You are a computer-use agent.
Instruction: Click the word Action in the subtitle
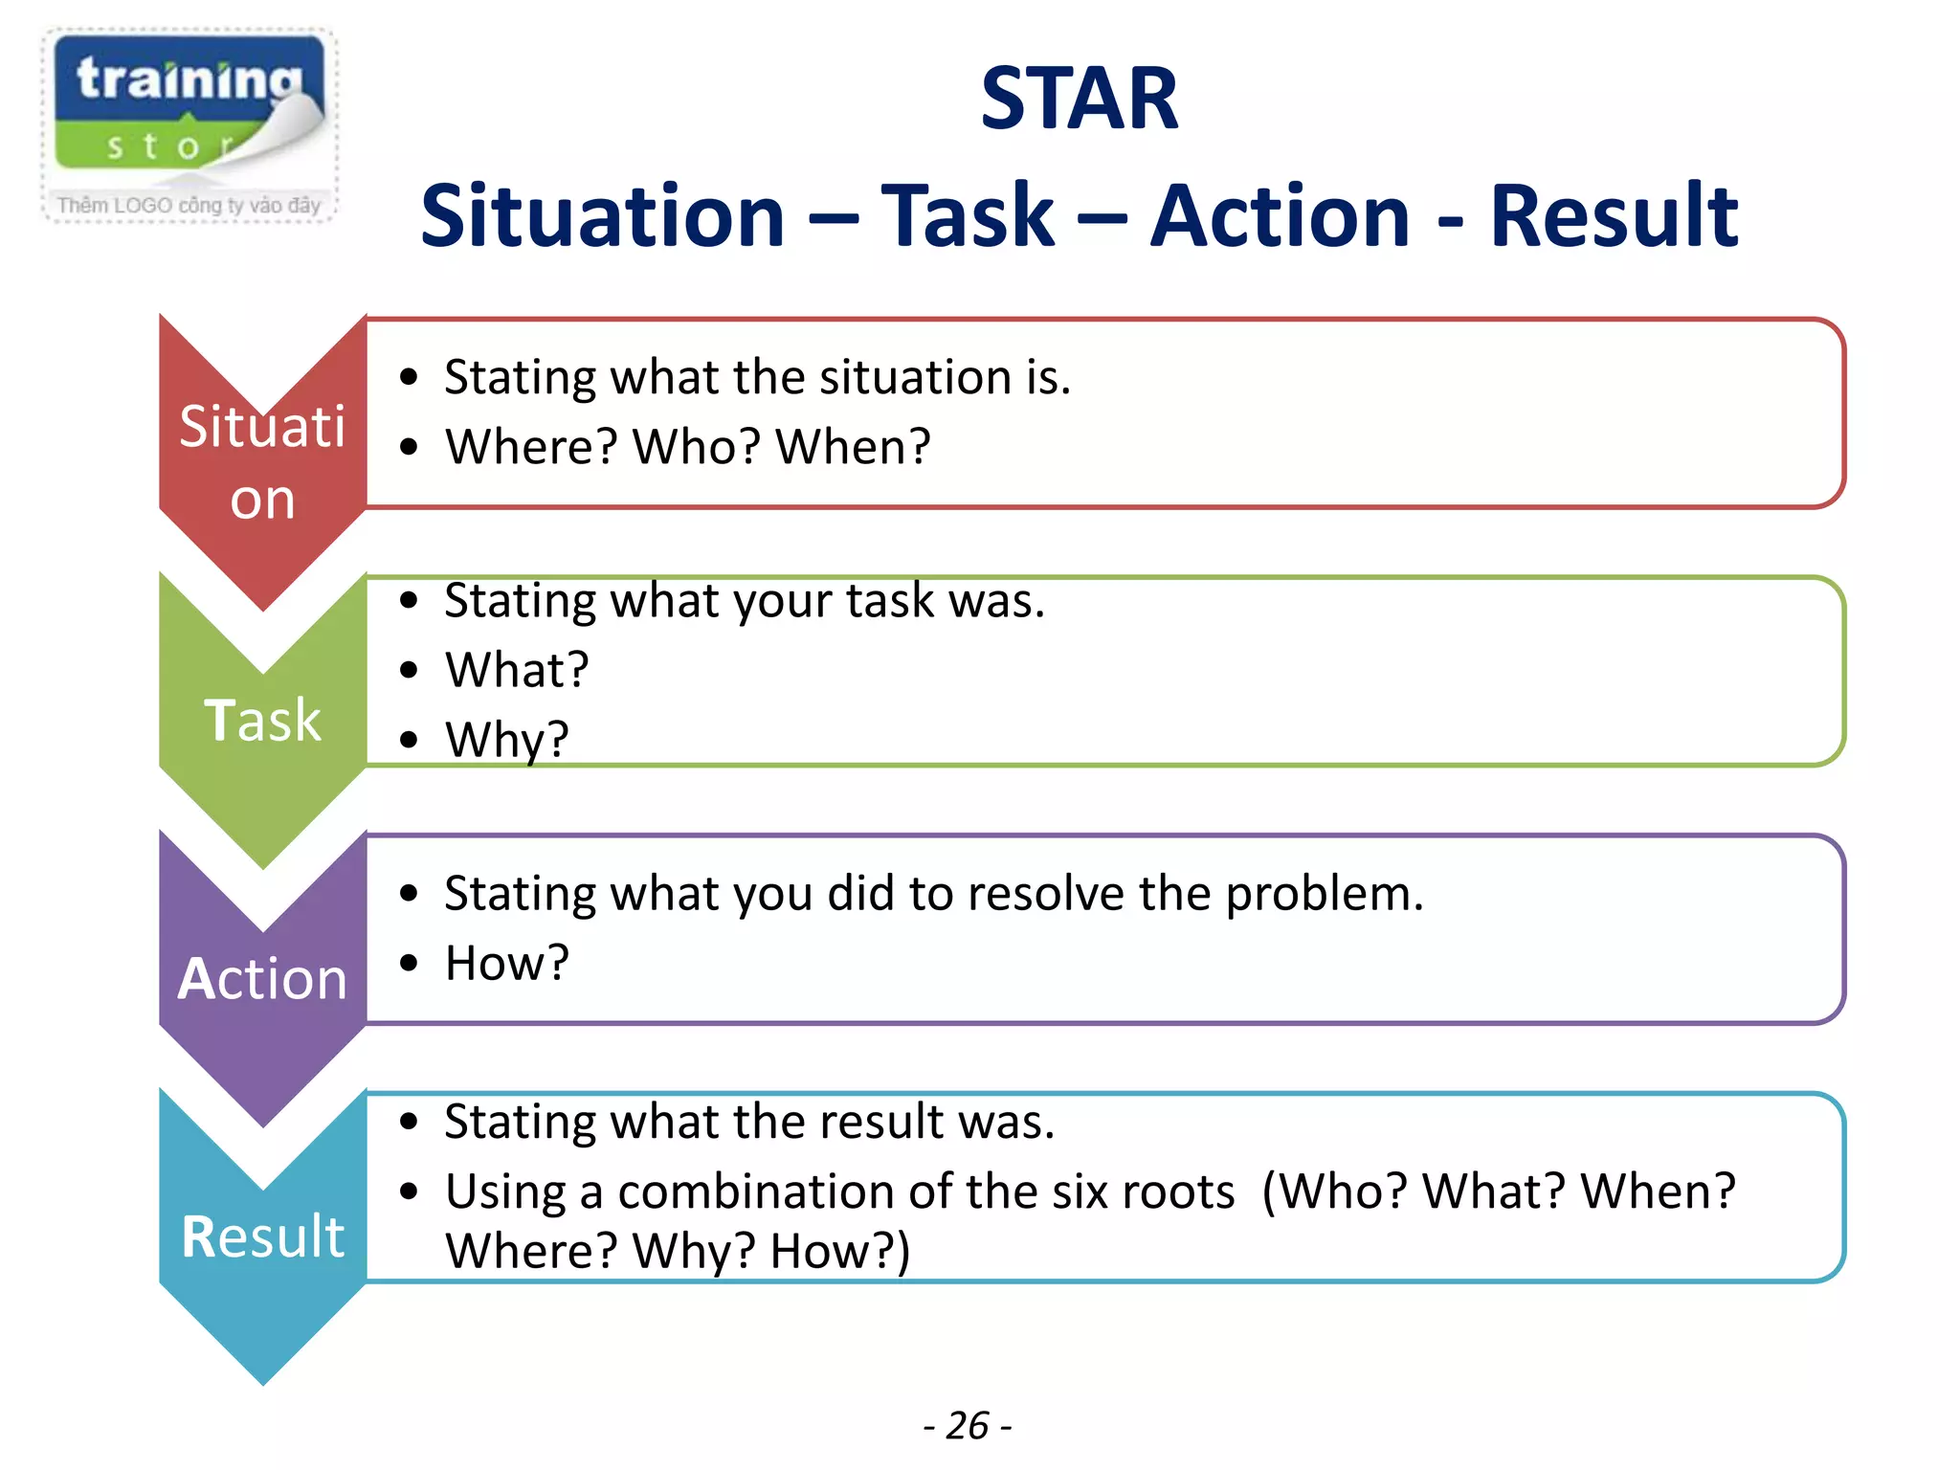click(x=1280, y=217)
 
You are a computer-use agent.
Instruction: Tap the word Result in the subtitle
click(x=1614, y=217)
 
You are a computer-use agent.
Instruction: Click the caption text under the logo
click(x=189, y=205)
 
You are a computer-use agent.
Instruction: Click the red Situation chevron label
click(x=262, y=462)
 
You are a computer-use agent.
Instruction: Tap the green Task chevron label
click(x=262, y=720)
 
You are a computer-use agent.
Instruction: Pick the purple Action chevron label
click(x=262, y=979)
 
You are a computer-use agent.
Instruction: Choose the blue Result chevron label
click(x=262, y=1236)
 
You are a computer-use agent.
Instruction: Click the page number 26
click(x=968, y=1426)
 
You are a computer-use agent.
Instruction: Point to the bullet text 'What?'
click(x=517, y=670)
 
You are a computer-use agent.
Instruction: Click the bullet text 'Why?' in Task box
click(x=507, y=740)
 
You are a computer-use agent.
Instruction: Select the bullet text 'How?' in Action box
click(x=507, y=963)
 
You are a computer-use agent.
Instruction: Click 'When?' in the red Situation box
click(x=853, y=447)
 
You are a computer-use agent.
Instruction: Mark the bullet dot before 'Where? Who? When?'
click(x=410, y=447)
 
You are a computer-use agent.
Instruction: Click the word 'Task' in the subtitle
click(x=967, y=217)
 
